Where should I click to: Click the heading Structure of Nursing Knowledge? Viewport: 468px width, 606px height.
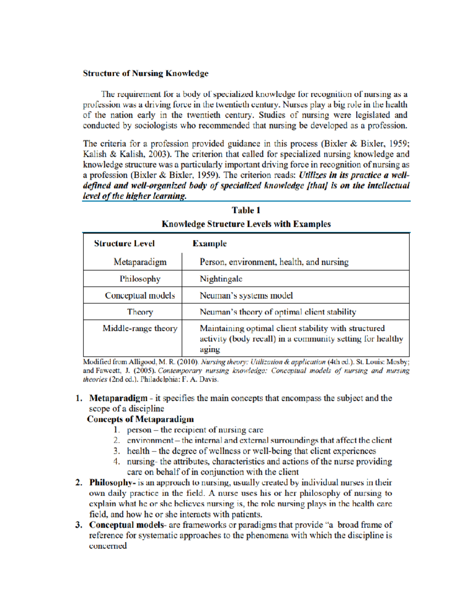click(145, 73)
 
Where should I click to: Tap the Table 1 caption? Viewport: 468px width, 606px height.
click(246, 210)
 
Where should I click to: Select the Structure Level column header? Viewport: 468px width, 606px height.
click(124, 243)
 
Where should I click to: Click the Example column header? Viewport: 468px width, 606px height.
click(209, 243)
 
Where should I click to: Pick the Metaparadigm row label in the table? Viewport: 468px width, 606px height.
click(140, 262)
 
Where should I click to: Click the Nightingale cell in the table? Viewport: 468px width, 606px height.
click(221, 279)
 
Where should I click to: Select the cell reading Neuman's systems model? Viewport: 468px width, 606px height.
click(246, 295)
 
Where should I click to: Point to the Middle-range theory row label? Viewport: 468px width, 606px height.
click(140, 328)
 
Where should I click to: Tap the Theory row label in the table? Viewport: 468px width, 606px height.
click(140, 312)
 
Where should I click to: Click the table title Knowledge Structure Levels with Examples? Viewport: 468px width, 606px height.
click(246, 224)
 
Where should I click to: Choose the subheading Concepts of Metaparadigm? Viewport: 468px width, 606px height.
click(140, 419)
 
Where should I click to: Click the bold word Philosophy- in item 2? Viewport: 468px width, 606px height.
click(112, 482)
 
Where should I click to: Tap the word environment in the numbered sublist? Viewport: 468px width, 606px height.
click(150, 440)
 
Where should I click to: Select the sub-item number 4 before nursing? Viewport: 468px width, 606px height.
click(117, 461)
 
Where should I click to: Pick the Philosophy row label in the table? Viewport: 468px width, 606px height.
click(140, 279)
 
